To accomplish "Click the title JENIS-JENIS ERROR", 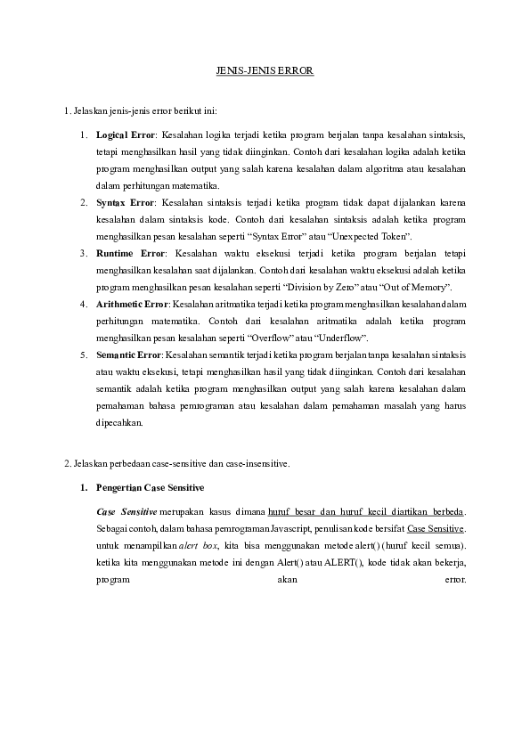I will pyautogui.click(x=265, y=69).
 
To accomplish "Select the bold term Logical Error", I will pyautogui.click(x=125, y=135).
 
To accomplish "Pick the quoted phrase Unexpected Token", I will pyautogui.click(x=375, y=237).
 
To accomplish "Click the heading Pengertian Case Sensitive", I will pyautogui.click(x=150, y=488).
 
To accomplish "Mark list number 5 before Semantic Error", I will pyautogui.click(x=83, y=355).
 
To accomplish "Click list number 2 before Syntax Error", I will pyautogui.click(x=83, y=203).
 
